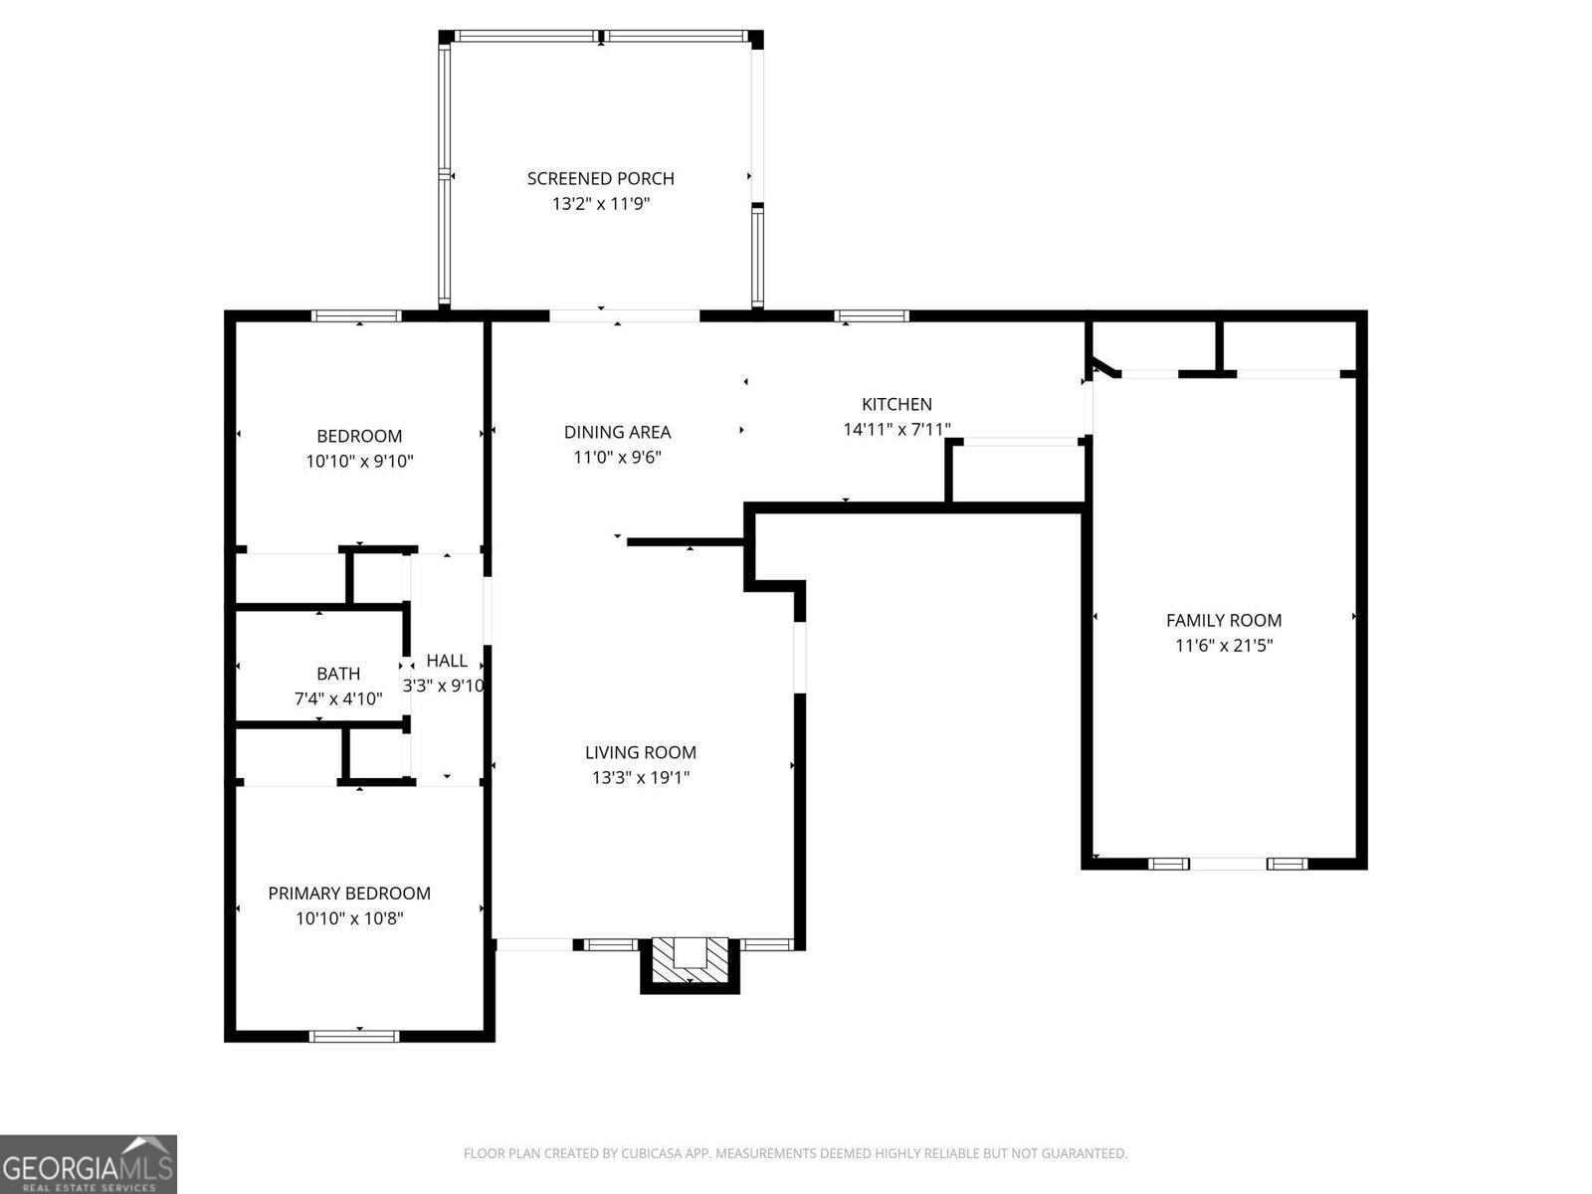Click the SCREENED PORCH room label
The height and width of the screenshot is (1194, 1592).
tap(600, 179)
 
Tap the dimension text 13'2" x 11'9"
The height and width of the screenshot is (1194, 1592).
tap(600, 204)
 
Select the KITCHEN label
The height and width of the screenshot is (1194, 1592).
tap(896, 404)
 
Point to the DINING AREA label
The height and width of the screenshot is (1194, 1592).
tap(617, 432)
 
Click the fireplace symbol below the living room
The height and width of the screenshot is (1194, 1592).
tap(690, 963)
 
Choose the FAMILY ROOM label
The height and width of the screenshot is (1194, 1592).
tap(1224, 620)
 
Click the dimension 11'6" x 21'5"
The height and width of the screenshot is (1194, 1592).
tap(1224, 645)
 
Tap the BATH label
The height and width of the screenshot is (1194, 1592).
tap(338, 674)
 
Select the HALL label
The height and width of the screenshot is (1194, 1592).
tap(447, 661)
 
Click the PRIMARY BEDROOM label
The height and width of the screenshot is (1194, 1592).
tap(349, 894)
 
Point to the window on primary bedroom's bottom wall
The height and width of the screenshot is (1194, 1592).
tap(355, 1036)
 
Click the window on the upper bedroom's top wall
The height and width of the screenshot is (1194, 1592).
tap(356, 316)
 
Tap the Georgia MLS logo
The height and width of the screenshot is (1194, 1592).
tap(89, 1164)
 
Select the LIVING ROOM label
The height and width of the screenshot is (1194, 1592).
tap(640, 753)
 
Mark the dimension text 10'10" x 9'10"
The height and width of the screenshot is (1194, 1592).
tap(359, 461)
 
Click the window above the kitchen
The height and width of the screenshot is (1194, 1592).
tap(872, 316)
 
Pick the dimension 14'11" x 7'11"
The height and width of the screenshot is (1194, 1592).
tap(896, 430)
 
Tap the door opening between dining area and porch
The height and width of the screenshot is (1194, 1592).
tap(624, 316)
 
